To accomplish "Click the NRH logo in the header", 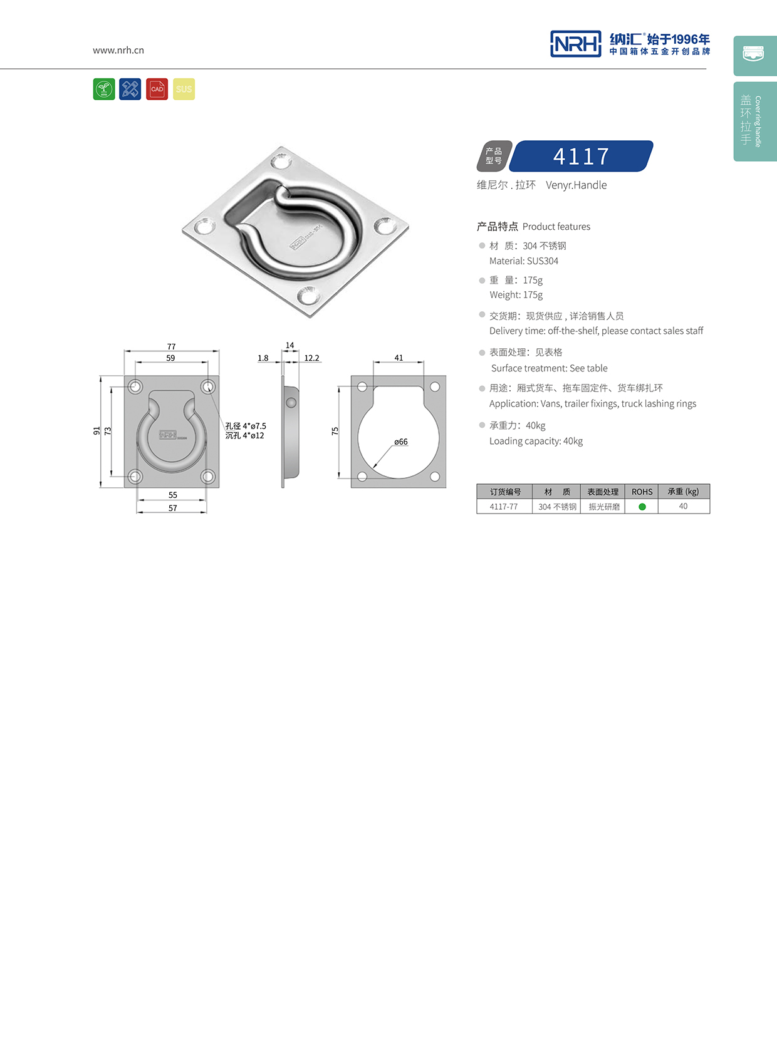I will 575,44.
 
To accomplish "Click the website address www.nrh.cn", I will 118,50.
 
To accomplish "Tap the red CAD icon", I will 157,89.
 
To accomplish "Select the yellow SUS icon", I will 184,89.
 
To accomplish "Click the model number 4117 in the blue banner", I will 581,157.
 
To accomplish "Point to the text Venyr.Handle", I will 576,185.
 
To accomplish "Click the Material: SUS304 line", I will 523,261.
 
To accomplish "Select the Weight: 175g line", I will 516,295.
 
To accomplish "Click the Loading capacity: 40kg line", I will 536,441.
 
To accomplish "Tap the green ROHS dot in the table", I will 642,507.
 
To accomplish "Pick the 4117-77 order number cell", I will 504,507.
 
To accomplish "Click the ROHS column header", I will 642,492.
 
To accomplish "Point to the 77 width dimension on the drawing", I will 172,346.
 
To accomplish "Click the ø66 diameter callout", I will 401,442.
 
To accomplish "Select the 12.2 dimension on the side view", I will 311,358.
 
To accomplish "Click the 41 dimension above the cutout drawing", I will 399,358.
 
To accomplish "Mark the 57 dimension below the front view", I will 172,508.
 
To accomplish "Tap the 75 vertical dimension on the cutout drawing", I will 335,431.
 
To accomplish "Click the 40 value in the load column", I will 683,507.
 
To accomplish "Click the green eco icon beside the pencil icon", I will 104,89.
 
